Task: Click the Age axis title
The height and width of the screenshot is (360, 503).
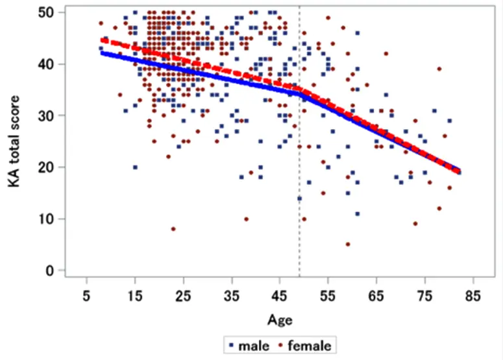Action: coord(280,319)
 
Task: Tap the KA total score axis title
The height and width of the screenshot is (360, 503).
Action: coord(14,141)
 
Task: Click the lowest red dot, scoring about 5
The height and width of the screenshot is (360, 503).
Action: coord(348,245)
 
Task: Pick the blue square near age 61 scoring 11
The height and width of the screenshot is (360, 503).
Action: coord(357,213)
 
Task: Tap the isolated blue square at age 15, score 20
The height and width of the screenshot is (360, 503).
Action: coord(135,167)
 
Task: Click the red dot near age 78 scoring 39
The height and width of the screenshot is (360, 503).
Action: coord(439,69)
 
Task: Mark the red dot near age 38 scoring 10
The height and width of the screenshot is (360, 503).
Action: coord(246,219)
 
